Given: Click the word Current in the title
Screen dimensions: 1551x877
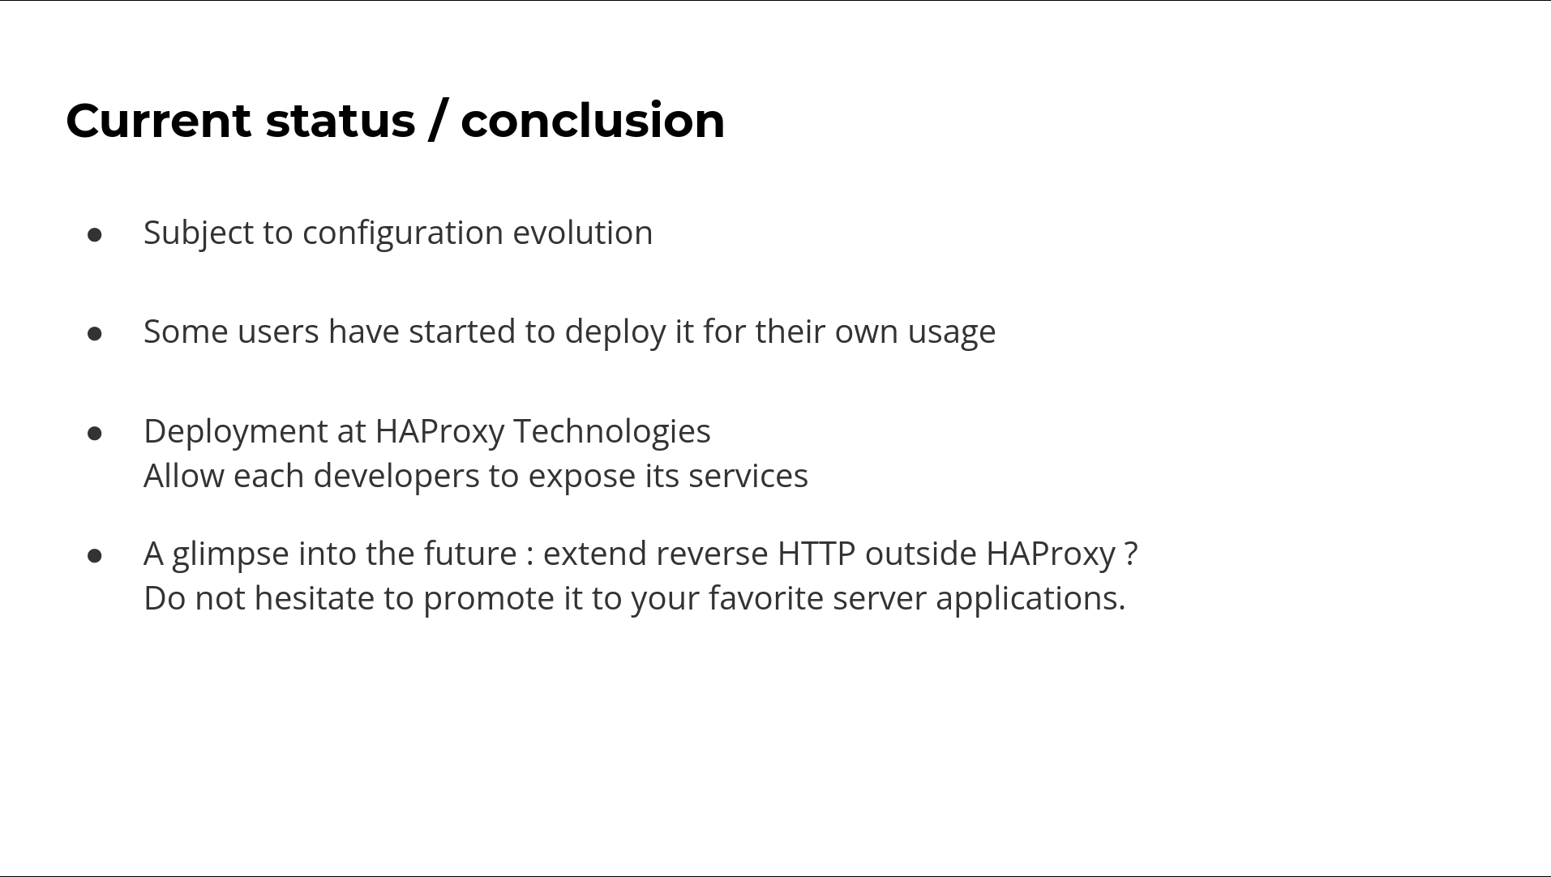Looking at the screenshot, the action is coord(159,121).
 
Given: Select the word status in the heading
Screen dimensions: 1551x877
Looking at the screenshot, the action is coord(341,121).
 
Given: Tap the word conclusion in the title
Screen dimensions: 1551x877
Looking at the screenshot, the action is coord(593,121).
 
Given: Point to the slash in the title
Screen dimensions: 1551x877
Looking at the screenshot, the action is coord(438,121).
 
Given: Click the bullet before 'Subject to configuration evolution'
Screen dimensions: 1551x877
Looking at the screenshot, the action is coord(95,235).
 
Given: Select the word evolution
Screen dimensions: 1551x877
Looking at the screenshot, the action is coord(582,233).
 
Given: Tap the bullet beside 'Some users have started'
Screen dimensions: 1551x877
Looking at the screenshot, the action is coord(95,334).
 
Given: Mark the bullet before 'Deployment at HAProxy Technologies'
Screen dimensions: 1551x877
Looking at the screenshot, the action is coord(95,434).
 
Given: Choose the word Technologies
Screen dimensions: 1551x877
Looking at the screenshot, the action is coord(612,431).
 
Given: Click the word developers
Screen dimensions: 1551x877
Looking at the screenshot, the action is coord(396,477).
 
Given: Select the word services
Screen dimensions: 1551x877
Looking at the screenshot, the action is coord(748,477).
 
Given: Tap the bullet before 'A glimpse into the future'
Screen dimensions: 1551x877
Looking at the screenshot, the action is coord(95,556).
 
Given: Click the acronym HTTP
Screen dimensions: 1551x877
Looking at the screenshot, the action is coord(816,554).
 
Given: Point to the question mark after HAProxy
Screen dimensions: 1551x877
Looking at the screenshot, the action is coord(1131,554).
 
